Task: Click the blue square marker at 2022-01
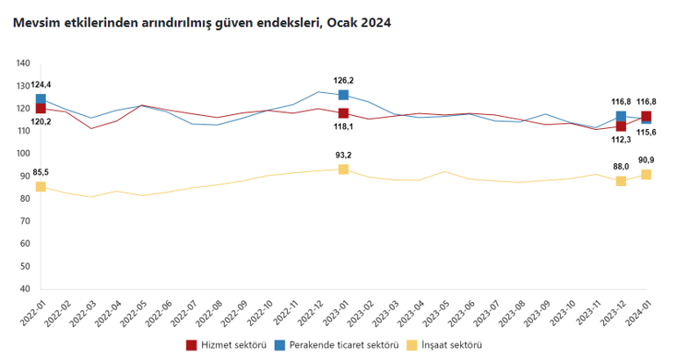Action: pos(40,99)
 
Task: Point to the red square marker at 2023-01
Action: pos(343,113)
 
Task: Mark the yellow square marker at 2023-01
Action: pos(343,169)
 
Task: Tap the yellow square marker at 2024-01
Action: pos(646,174)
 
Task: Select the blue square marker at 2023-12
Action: pos(621,116)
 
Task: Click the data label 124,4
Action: pos(40,84)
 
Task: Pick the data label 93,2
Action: pos(343,155)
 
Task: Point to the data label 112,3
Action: pos(621,139)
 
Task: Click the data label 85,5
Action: pos(40,172)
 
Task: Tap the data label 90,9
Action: pos(646,160)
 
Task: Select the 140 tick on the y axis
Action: pos(24,63)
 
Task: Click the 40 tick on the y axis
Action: pos(25,289)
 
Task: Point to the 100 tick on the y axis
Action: pos(24,154)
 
